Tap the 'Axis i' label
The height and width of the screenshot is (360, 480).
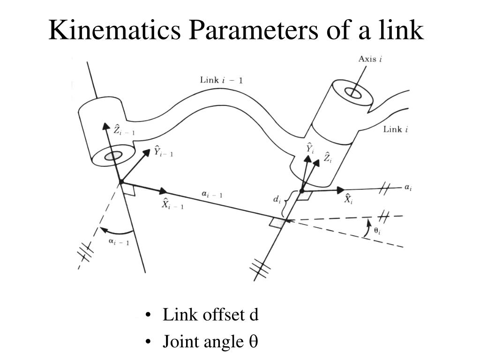[x=370, y=59]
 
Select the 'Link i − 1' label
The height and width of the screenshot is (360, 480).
[x=221, y=80]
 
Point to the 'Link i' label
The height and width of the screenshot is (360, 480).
[x=395, y=129]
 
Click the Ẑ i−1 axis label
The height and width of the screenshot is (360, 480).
[x=123, y=129]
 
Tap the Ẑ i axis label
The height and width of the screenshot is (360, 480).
[x=328, y=158]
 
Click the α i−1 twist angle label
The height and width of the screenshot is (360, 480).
[x=119, y=242]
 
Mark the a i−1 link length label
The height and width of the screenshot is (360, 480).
[x=212, y=195]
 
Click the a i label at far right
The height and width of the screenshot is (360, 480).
[x=408, y=187]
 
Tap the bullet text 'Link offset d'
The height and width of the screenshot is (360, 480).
[x=210, y=315]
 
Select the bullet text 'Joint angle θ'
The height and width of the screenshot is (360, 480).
[x=210, y=342]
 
